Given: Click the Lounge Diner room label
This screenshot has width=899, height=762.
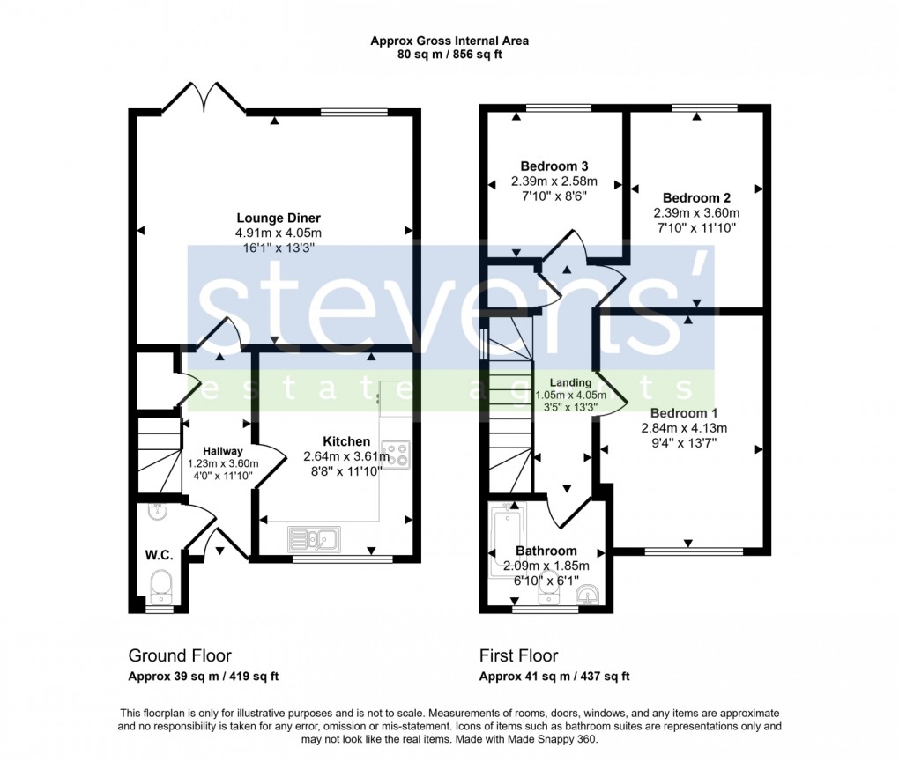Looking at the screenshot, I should tap(278, 218).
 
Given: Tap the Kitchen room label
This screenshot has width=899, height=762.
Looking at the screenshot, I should tap(346, 441).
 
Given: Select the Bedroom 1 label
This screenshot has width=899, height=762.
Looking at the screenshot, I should tap(679, 413).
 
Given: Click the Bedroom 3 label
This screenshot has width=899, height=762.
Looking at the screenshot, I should tap(554, 166).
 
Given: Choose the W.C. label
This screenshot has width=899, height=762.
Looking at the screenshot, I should tap(159, 555).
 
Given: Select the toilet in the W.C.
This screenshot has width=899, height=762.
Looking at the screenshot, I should tap(160, 583).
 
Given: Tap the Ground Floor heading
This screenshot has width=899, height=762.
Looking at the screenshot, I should tap(180, 655).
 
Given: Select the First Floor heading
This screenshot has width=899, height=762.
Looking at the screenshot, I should tap(518, 655).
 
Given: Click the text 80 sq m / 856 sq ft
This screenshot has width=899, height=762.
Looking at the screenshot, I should tap(449, 55).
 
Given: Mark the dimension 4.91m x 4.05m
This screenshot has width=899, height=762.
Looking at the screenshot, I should tap(278, 233).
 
